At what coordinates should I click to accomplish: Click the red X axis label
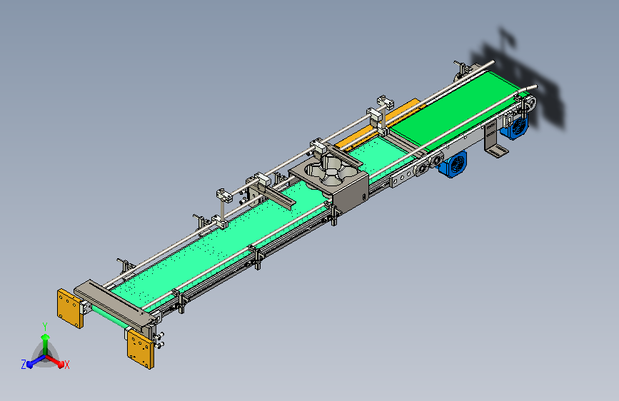pos(66,365)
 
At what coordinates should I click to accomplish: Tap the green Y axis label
pos(45,327)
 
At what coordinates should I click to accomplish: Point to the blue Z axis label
pos(24,365)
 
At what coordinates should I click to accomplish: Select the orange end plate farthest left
pos(70,308)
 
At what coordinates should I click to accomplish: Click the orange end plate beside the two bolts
pos(141,349)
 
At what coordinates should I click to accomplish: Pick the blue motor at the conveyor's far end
pos(515,126)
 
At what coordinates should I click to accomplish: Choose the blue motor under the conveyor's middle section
pos(453,164)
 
